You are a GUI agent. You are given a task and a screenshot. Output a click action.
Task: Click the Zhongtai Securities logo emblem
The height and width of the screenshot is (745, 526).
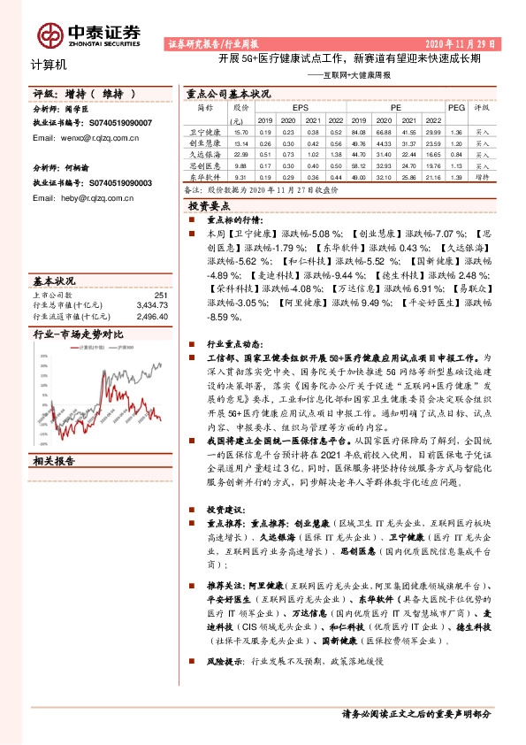tap(51, 34)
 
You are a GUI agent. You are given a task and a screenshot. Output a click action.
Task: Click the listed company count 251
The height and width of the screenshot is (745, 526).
tap(160, 296)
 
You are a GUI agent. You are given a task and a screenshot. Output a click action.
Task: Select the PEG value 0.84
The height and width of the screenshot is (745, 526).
tap(456, 153)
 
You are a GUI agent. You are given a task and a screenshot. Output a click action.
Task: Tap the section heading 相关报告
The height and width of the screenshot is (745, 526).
tap(54, 435)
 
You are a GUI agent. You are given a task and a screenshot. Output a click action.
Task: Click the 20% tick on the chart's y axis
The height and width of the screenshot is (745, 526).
tap(44, 365)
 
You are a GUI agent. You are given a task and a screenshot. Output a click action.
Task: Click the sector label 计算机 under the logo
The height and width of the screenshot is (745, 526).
tap(48, 65)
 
